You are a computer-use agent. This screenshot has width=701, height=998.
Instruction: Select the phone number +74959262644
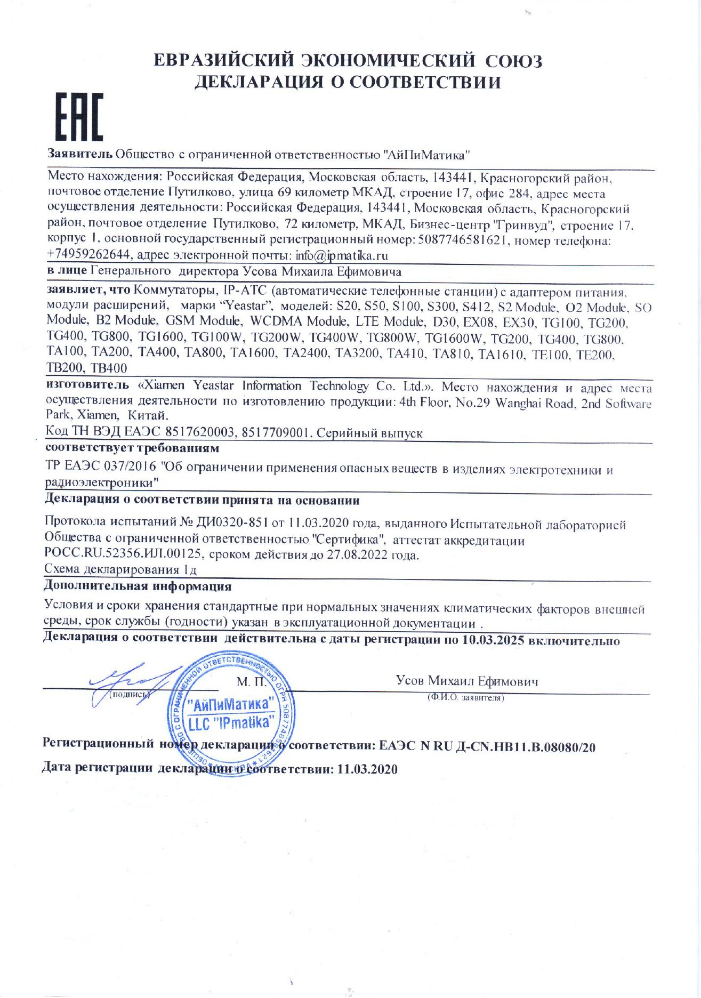(x=88, y=255)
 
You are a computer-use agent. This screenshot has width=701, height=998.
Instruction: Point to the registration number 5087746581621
(x=462, y=240)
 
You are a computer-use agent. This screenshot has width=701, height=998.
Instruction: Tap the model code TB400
(x=109, y=368)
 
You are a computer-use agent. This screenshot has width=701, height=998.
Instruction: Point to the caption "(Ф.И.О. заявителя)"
(x=465, y=697)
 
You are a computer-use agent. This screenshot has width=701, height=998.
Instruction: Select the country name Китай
(x=148, y=415)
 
